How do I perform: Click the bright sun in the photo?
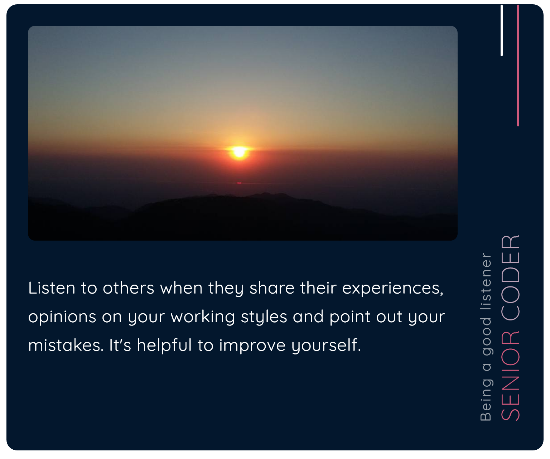pyautogui.click(x=239, y=152)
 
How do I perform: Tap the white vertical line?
pyautogui.click(x=502, y=30)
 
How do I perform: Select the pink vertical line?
pyautogui.click(x=518, y=65)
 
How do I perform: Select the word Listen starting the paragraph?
pyautogui.click(x=52, y=288)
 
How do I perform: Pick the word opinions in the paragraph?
pyautogui.click(x=62, y=317)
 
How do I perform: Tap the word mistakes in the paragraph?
pyautogui.click(x=66, y=345)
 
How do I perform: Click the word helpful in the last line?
pyautogui.click(x=164, y=345)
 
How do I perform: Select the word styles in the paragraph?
pyautogui.click(x=264, y=317)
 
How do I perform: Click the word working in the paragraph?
pyautogui.click(x=203, y=317)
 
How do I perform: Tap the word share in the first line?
pyautogui.click(x=272, y=288)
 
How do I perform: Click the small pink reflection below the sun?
pyautogui.click(x=239, y=183)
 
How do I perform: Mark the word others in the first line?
pyautogui.click(x=128, y=288)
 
